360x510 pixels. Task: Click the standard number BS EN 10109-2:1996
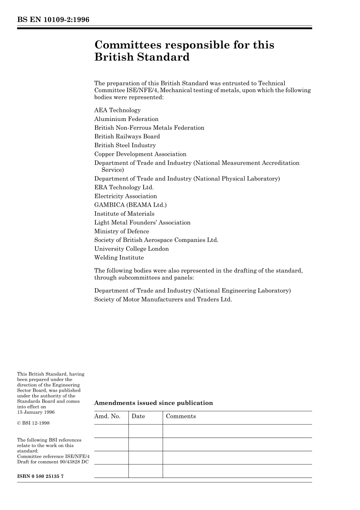pyautogui.click(x=53, y=19)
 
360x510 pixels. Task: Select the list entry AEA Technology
pyautogui.click(x=117, y=110)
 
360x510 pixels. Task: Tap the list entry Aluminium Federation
pyautogui.click(x=126, y=119)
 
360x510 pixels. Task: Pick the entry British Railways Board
pyautogui.click(x=127, y=137)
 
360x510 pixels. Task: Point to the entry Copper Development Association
pyautogui.click(x=140, y=154)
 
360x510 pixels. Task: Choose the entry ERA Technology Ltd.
pyautogui.click(x=124, y=187)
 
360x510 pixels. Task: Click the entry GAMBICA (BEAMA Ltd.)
pyautogui.click(x=130, y=205)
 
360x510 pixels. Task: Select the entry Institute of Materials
pyautogui.click(x=124, y=214)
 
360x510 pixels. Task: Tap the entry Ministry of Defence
pyautogui.click(x=122, y=231)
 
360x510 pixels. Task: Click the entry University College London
pyautogui.click(x=131, y=249)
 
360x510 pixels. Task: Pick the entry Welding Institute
pyautogui.click(x=119, y=258)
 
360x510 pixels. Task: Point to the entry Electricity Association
pyautogui.click(x=125, y=196)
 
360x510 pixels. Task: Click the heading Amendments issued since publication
pyautogui.click(x=153, y=403)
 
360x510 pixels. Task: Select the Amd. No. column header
pyautogui.click(x=107, y=416)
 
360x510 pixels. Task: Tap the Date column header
pyautogui.click(x=138, y=416)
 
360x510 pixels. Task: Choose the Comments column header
pyautogui.click(x=181, y=416)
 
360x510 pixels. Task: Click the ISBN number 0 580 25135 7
pyautogui.click(x=40, y=476)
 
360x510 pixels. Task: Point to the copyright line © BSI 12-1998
pyautogui.click(x=33, y=423)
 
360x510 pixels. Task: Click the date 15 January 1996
pyautogui.click(x=36, y=412)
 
